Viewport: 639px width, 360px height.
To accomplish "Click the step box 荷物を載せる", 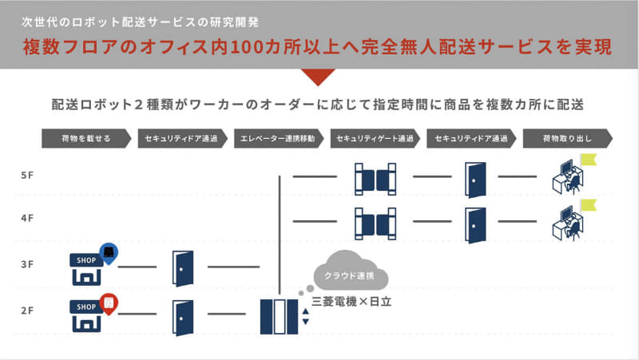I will [85, 138].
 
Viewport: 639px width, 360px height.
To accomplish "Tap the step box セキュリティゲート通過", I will [375, 138].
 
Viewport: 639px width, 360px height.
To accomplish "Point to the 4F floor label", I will [28, 219].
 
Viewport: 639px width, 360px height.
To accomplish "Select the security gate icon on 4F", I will [375, 222].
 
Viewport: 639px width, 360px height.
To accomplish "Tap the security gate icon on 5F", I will [375, 177].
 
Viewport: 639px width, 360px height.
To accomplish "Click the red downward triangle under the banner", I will [319, 77].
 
